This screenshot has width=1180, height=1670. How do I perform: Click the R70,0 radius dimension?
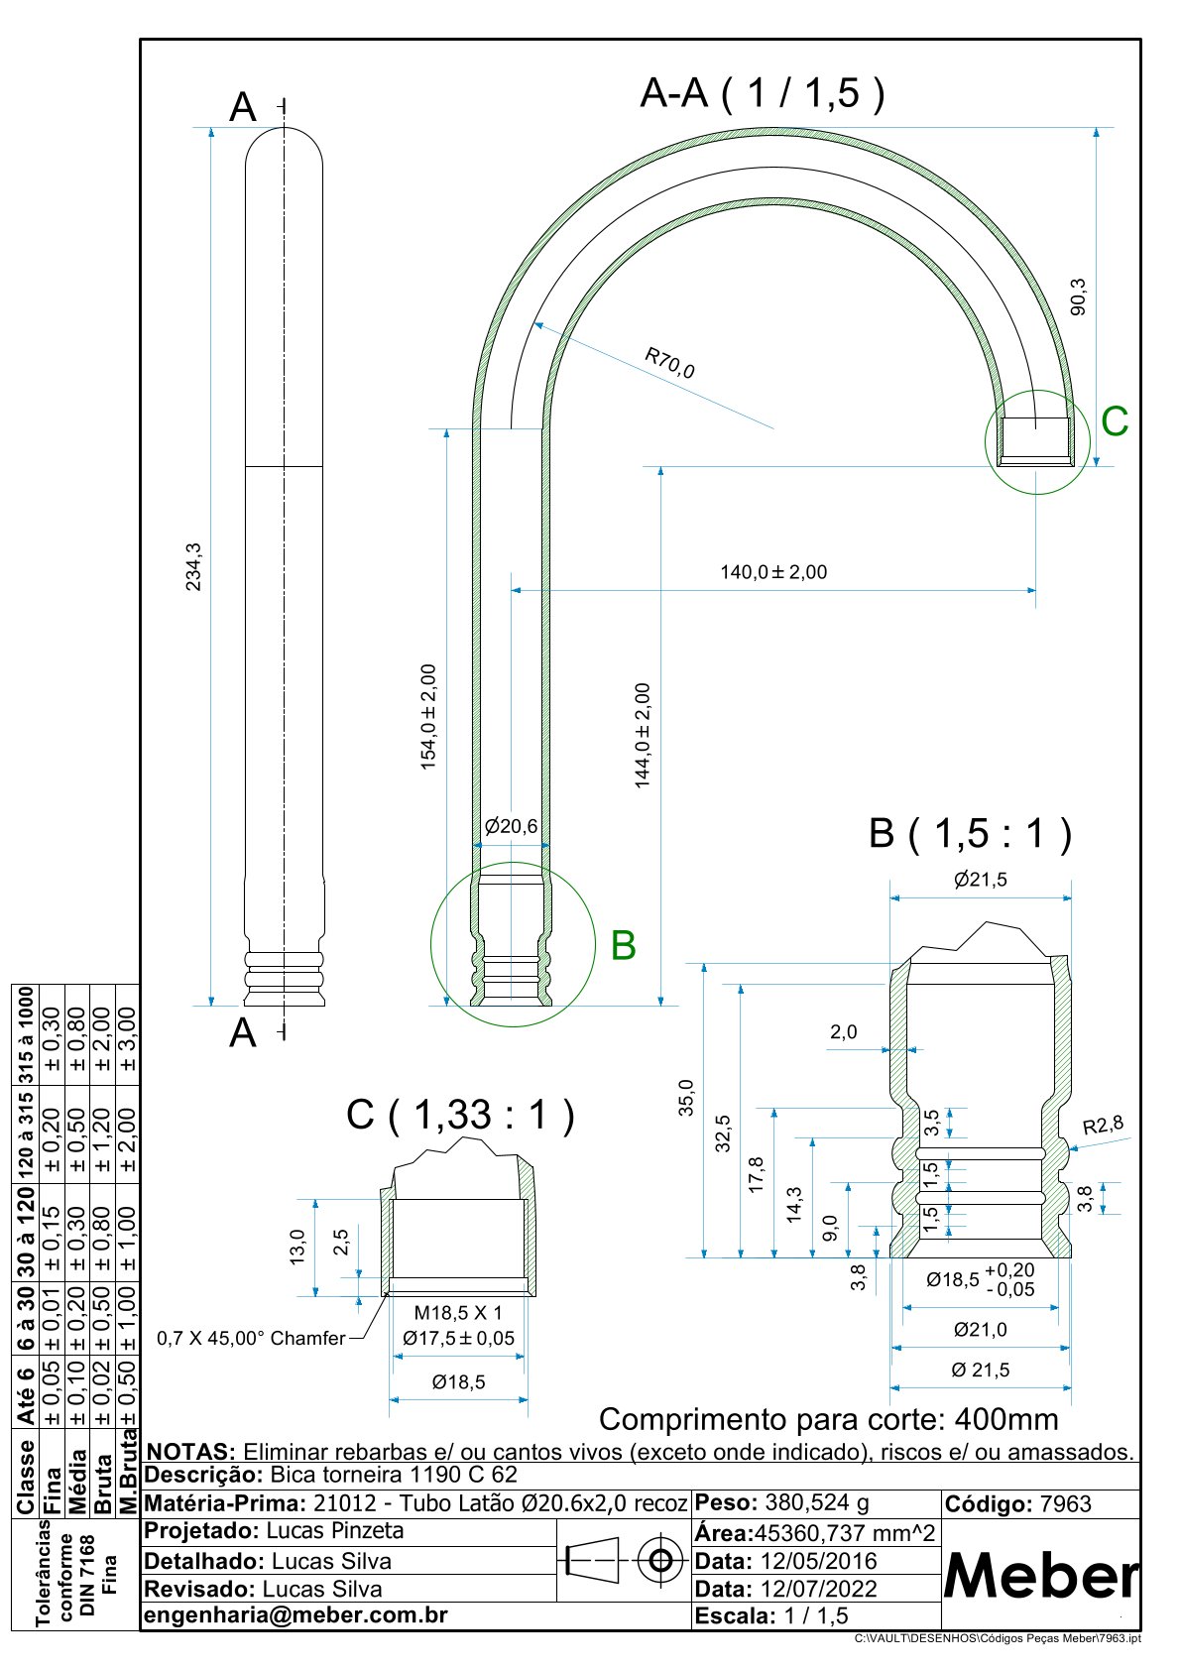[669, 363]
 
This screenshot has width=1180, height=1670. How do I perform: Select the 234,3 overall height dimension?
[194, 566]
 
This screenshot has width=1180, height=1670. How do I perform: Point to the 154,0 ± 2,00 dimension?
[429, 716]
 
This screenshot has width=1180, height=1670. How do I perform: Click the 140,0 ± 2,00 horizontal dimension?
[773, 572]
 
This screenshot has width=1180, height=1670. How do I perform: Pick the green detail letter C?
[1115, 422]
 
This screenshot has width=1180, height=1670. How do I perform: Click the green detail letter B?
[623, 945]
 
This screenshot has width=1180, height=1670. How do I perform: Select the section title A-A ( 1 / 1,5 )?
[763, 93]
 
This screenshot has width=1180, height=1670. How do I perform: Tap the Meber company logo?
[1040, 1575]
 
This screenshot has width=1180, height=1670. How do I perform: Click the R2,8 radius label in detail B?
[1103, 1126]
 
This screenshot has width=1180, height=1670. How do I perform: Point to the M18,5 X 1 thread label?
[458, 1313]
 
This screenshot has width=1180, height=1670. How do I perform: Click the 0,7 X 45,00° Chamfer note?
[251, 1339]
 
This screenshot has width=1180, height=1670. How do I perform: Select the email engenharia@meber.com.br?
[295, 1615]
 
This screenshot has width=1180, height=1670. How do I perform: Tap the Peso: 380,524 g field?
[782, 1502]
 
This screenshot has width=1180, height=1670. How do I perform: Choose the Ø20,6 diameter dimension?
[511, 826]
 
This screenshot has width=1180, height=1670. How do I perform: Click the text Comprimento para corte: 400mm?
[828, 1419]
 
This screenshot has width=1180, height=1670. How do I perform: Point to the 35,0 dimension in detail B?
[686, 1098]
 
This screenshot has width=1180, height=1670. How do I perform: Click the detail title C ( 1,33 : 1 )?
[460, 1115]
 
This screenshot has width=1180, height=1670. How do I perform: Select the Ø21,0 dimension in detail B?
[981, 1330]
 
